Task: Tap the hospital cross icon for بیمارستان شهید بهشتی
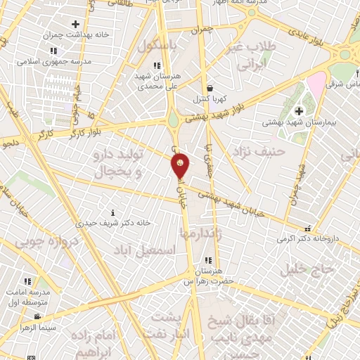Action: tap(300, 111)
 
